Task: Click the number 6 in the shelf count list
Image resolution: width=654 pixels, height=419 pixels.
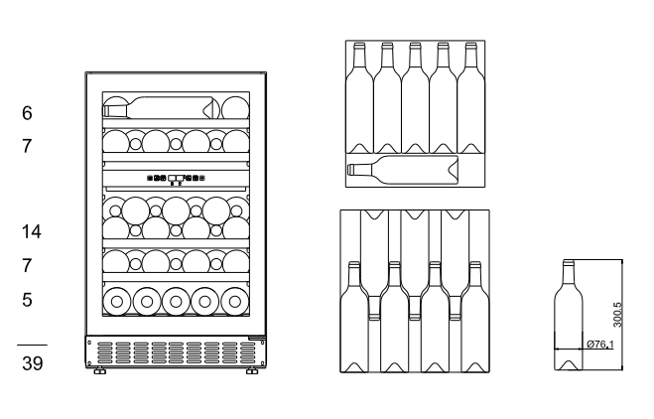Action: (x=27, y=113)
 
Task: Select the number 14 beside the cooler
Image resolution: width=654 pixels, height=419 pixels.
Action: (x=32, y=231)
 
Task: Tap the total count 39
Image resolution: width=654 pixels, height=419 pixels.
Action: (x=33, y=363)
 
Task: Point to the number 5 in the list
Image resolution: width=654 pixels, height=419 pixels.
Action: (x=27, y=300)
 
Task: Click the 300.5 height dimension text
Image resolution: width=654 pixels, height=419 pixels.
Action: (x=617, y=315)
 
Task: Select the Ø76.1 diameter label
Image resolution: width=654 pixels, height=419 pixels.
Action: (x=600, y=345)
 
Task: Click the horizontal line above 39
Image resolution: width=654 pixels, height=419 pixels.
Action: (x=32, y=346)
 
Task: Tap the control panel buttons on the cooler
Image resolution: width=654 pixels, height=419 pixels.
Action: (x=176, y=178)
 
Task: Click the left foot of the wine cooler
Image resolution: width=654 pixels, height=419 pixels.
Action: (x=99, y=370)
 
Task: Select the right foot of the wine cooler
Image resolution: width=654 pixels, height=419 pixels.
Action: (x=252, y=370)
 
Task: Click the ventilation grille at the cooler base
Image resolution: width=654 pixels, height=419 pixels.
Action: (x=176, y=352)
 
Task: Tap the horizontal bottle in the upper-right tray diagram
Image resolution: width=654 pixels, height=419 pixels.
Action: (x=403, y=170)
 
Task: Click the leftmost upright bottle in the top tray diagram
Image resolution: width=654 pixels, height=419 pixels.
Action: (x=359, y=98)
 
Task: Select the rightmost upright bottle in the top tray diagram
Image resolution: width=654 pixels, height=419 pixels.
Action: (x=470, y=98)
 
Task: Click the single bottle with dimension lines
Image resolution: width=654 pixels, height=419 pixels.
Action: (x=568, y=315)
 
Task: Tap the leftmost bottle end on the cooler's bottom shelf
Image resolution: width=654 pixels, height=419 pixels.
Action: (x=117, y=301)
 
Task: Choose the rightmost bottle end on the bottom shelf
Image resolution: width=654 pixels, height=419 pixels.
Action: (x=234, y=301)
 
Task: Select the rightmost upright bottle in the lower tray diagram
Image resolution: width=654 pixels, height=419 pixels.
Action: (x=475, y=317)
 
